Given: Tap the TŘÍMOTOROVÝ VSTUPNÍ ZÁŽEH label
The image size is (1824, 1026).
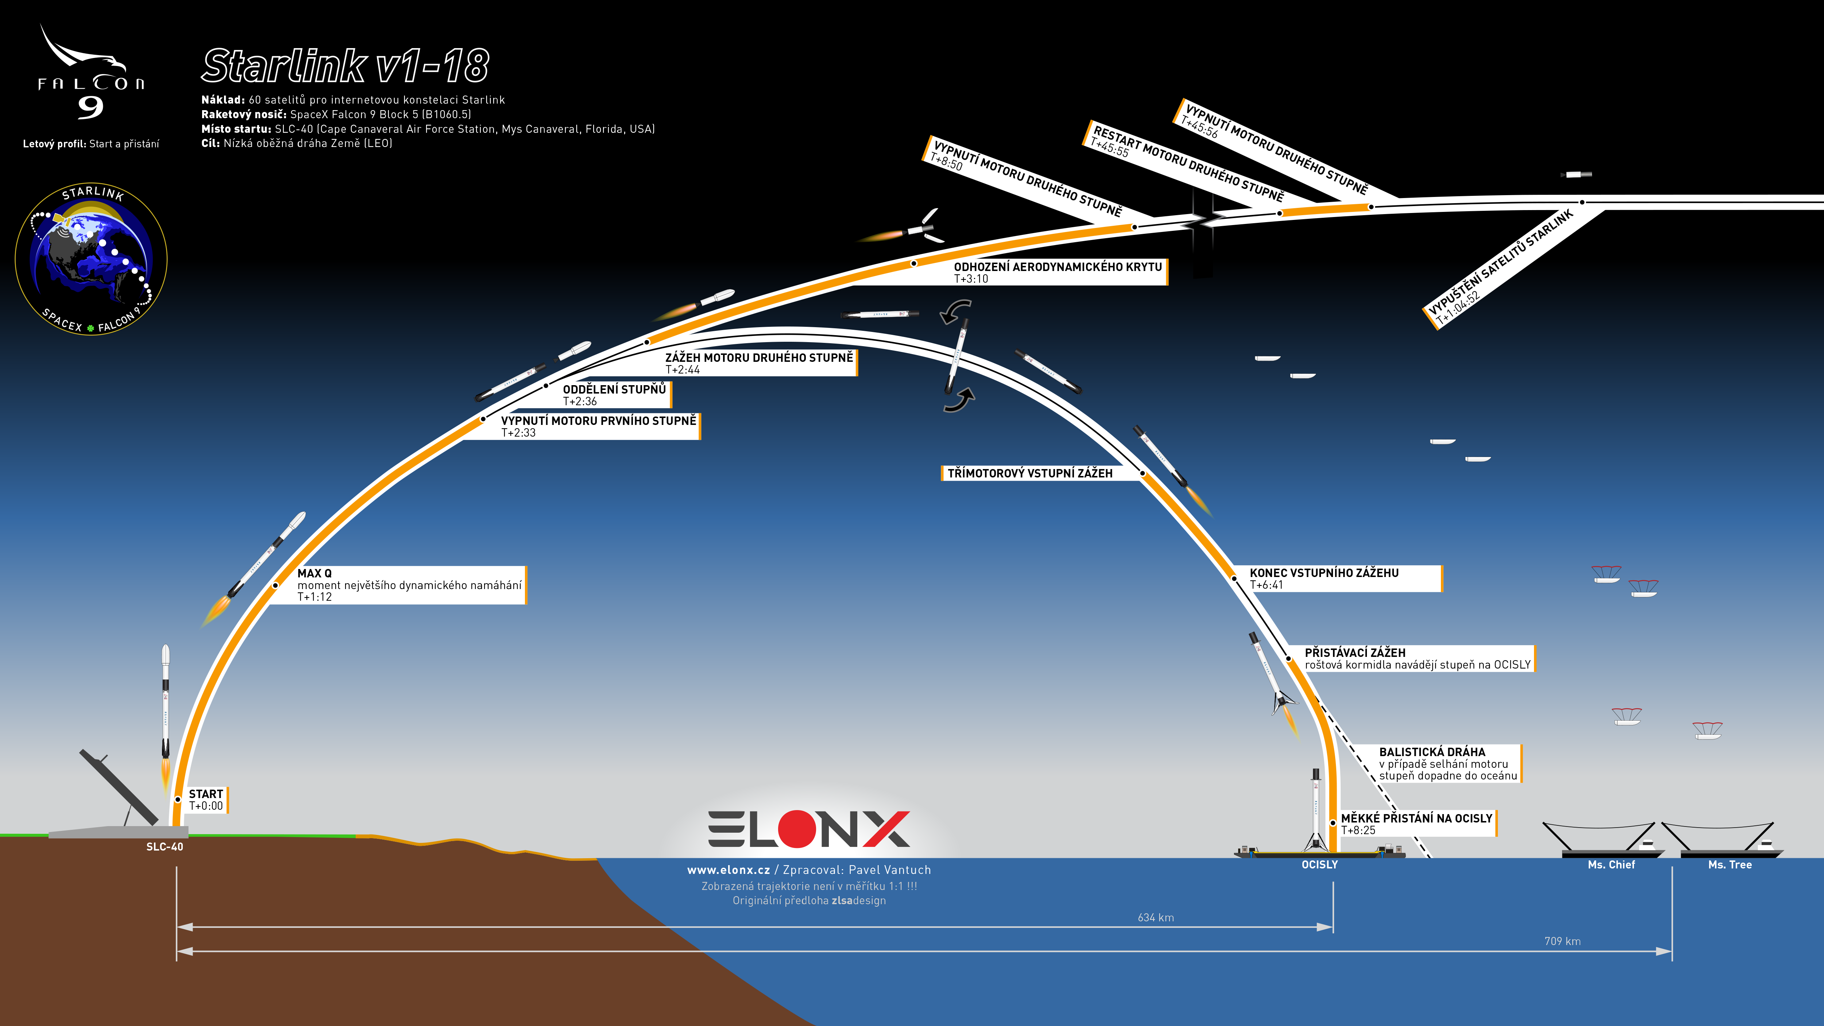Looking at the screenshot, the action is [1030, 473].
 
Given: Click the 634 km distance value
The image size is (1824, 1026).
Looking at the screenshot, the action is [1156, 918].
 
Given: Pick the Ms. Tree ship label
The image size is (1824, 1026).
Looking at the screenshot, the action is [1730, 864].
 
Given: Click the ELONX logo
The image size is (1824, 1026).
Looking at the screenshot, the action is [809, 829].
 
